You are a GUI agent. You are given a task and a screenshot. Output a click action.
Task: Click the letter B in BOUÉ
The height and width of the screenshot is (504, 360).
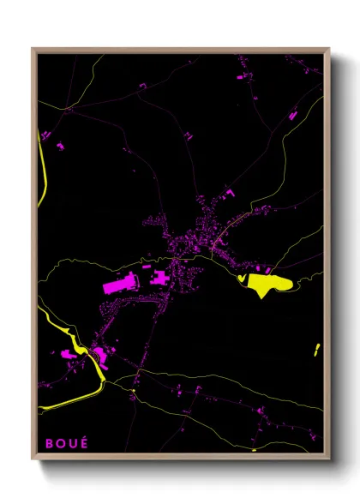point(49,444)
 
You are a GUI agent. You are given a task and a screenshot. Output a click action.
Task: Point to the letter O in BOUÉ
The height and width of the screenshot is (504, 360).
point(60,444)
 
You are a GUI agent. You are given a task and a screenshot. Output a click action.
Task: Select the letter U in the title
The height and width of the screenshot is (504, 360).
point(72,444)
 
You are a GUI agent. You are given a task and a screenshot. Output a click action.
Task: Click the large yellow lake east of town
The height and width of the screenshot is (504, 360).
point(267,284)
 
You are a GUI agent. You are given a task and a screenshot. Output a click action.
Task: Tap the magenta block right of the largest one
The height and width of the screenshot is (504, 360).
point(160,279)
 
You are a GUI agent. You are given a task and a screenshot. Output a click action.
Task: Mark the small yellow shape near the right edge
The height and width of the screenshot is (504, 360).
point(316,349)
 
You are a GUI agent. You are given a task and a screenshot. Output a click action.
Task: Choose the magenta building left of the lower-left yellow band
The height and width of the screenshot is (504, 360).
point(67,352)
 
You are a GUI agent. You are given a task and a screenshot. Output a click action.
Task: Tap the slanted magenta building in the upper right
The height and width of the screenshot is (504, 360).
point(292,114)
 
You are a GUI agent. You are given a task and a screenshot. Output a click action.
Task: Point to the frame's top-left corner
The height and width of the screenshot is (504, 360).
point(33,49)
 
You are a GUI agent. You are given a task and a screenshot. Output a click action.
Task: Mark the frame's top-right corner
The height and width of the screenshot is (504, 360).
point(329,49)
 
